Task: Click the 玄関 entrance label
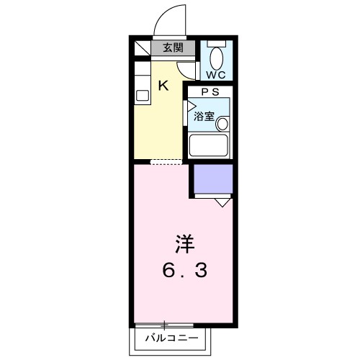pyautogui.click(x=171, y=49)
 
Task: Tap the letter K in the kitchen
pyautogui.click(x=163, y=86)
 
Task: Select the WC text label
pyautogui.click(x=216, y=74)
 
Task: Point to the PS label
pyautogui.click(x=209, y=91)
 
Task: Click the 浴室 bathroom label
pyautogui.click(x=204, y=116)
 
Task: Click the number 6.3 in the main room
pyautogui.click(x=184, y=271)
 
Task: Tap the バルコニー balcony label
pyautogui.click(x=170, y=337)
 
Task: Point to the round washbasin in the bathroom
pyautogui.click(x=222, y=123)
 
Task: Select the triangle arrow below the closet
pyautogui.click(x=222, y=202)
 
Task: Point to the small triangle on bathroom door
pyautogui.click(x=192, y=110)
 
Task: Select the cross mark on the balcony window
pyautogui.click(x=165, y=325)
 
